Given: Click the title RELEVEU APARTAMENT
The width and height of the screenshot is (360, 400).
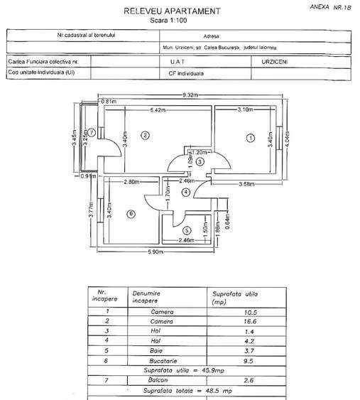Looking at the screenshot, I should (171, 11).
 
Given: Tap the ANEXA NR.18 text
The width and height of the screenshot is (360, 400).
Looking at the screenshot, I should (331, 6).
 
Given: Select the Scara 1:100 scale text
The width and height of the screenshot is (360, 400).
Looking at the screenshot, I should (171, 21).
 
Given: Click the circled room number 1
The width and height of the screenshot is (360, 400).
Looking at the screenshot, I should (249, 139).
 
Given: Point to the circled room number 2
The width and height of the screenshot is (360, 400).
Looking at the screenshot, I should (144, 135).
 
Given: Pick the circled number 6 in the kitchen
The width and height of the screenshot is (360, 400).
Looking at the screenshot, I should (131, 213).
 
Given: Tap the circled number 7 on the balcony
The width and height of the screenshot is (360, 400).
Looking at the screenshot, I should (92, 131).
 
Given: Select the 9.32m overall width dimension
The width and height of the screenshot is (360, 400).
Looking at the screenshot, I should (190, 94).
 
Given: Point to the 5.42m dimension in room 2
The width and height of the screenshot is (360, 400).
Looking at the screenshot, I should (158, 110).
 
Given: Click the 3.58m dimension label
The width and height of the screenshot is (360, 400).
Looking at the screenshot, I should (245, 185).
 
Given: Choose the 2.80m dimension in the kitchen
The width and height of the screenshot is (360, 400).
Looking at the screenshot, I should (130, 183).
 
